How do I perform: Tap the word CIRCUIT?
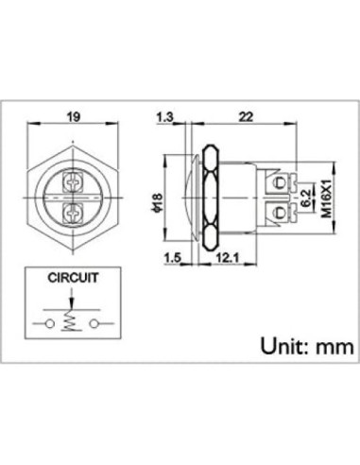point(73,280)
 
